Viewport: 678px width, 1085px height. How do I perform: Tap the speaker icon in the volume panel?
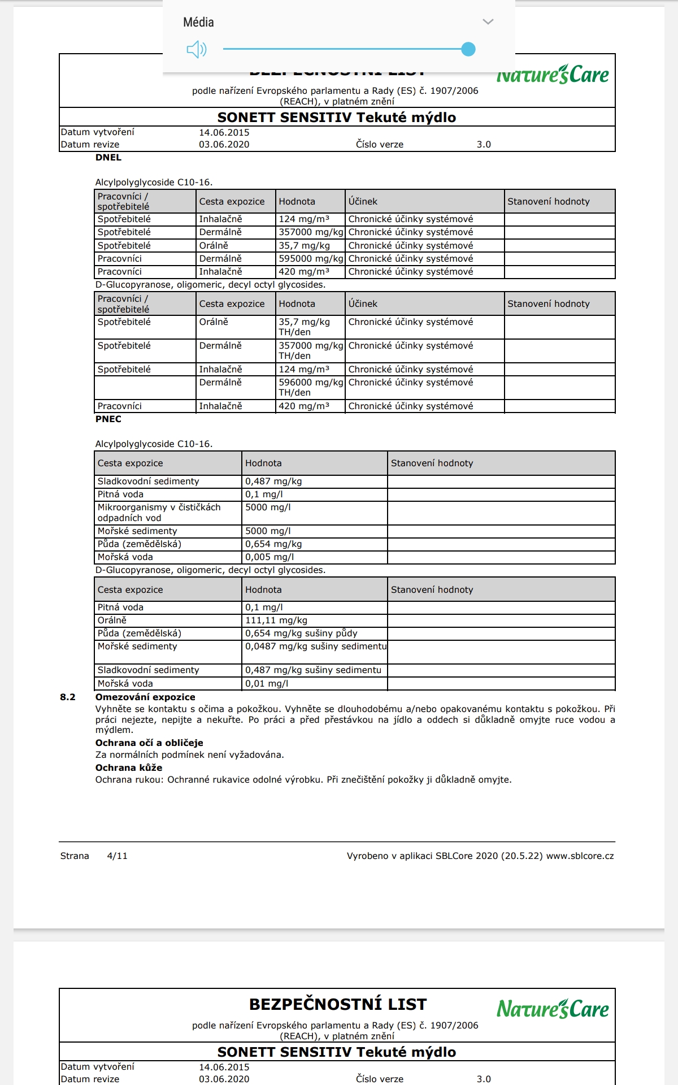[197, 50]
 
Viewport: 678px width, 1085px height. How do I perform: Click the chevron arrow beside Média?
[488, 22]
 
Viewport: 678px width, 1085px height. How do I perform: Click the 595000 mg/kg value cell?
[310, 259]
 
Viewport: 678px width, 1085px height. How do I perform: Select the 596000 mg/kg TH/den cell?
[310, 387]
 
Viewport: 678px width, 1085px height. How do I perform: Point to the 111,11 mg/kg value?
[276, 620]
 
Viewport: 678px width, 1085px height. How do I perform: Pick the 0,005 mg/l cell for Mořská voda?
[270, 557]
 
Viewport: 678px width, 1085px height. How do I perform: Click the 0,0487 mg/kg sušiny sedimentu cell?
[315, 646]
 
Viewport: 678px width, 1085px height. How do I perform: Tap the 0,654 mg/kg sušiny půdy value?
[301, 633]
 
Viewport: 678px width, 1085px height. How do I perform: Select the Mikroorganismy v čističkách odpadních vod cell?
[159, 513]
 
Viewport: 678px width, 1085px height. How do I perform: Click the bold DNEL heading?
[108, 158]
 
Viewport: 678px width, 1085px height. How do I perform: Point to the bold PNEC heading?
[108, 419]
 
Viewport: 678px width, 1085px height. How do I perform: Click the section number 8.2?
[68, 697]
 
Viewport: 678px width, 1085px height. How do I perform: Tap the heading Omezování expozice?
[145, 697]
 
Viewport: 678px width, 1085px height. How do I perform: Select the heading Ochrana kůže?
[129, 768]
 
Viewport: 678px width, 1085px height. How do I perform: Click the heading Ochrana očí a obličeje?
[149, 743]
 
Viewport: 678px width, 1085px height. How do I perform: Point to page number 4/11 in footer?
[117, 856]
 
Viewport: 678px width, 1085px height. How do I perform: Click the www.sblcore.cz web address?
[580, 856]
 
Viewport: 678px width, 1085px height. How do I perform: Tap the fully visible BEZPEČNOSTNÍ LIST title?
[338, 1005]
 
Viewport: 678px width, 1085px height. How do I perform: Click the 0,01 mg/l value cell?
[267, 684]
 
